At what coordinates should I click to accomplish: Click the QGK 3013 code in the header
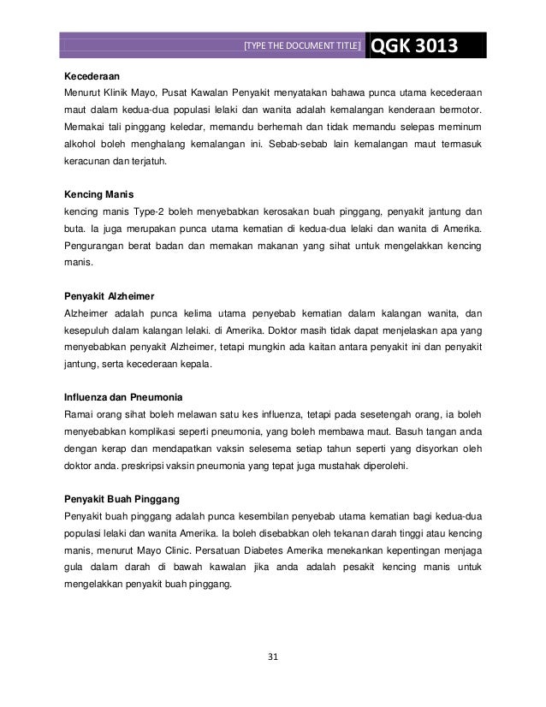(414, 45)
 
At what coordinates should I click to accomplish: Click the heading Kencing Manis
(101, 194)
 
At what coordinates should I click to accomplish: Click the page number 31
(274, 656)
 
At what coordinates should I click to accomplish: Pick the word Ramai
(80, 415)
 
